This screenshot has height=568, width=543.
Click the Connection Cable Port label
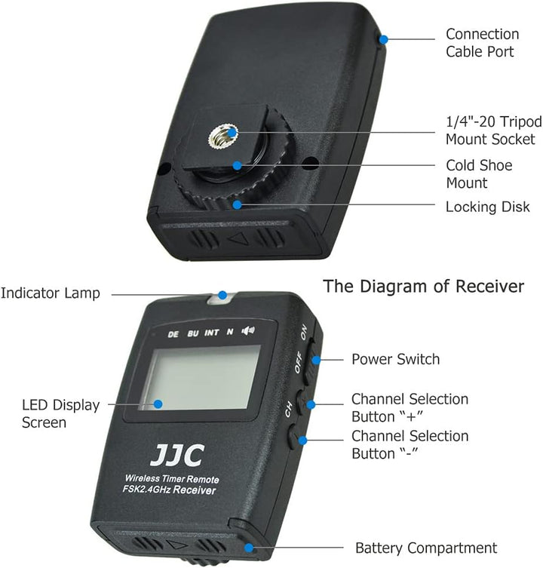pyautogui.click(x=482, y=43)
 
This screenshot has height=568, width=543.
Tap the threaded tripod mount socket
pyautogui.click(x=222, y=136)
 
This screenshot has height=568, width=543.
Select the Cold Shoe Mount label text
pyautogui.click(x=479, y=174)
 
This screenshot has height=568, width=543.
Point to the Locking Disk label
pyautogui.click(x=488, y=207)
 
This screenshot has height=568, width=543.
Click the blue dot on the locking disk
pyautogui.click(x=237, y=204)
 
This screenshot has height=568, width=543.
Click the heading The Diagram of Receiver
pyautogui.click(x=423, y=286)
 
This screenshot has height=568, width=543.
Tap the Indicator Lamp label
pyautogui.click(x=51, y=293)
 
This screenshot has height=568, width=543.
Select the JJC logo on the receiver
pyautogui.click(x=177, y=456)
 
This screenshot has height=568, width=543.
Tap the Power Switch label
pyautogui.click(x=396, y=359)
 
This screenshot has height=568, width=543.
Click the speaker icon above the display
pyautogui.click(x=248, y=330)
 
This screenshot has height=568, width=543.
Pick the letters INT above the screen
pyautogui.click(x=212, y=333)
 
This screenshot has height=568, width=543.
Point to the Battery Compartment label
pyautogui.click(x=426, y=548)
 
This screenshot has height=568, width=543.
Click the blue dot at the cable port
pyautogui.click(x=383, y=39)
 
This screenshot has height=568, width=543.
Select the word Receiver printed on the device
pyautogui.click(x=194, y=490)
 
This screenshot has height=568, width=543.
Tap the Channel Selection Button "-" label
pyautogui.click(x=410, y=445)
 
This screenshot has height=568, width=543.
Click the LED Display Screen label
pyautogui.click(x=60, y=413)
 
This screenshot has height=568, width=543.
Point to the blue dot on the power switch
pyautogui.click(x=316, y=360)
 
